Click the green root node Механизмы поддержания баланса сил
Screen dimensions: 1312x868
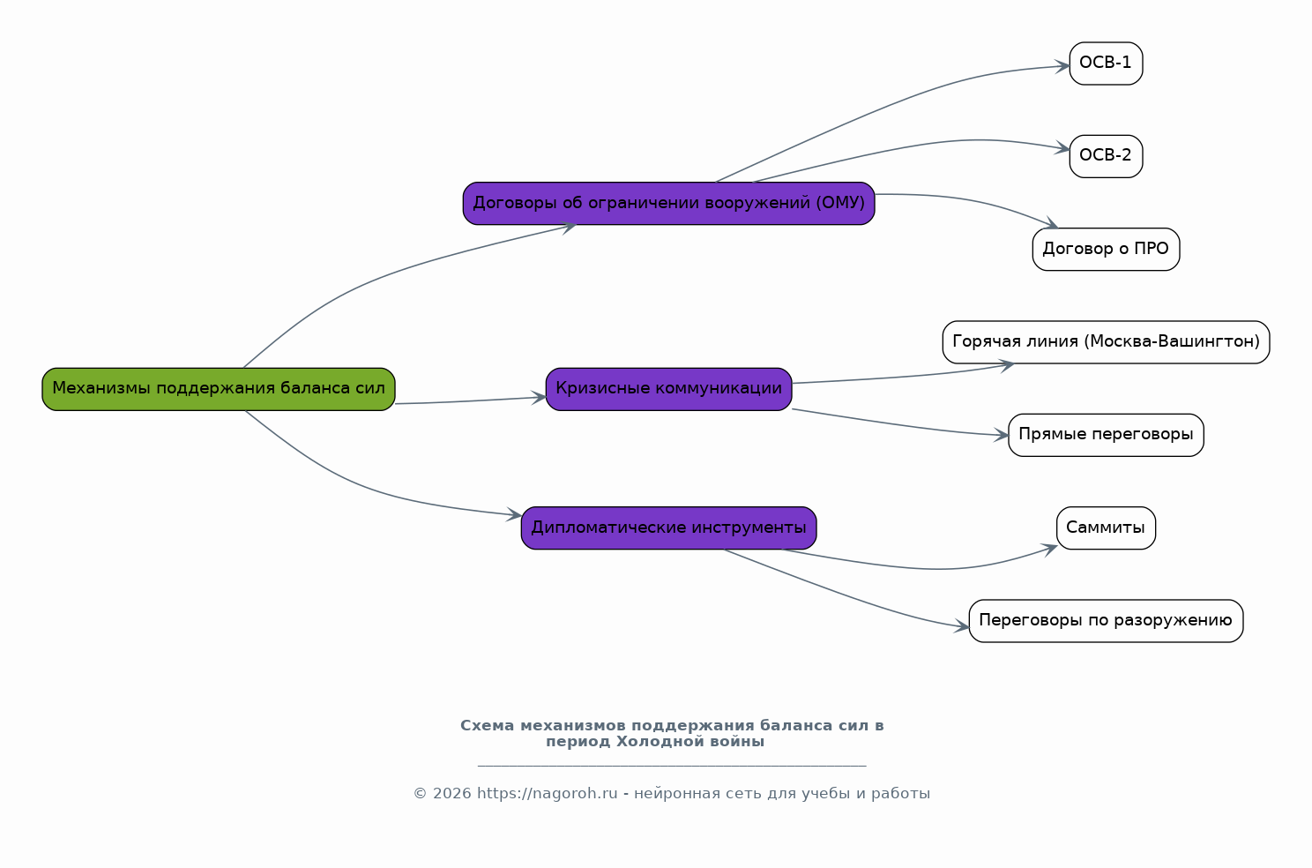pyautogui.click(x=219, y=389)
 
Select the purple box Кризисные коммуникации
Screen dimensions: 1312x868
pyautogui.click(x=668, y=389)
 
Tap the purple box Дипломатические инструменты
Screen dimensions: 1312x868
pyautogui.click(x=668, y=528)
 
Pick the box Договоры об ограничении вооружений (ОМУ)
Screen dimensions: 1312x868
pyautogui.click(x=668, y=204)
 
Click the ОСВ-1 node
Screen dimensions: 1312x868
pyautogui.click(x=1106, y=64)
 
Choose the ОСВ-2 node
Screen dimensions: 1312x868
pyautogui.click(x=1106, y=156)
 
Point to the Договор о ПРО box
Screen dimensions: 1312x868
pyautogui.click(x=1106, y=249)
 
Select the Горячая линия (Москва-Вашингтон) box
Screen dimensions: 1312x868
pyautogui.click(x=1106, y=342)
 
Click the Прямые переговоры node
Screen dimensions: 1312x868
pyautogui.click(x=1106, y=435)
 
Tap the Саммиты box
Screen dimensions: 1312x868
pyautogui.click(x=1106, y=528)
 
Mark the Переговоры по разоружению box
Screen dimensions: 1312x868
pyautogui.click(x=1106, y=621)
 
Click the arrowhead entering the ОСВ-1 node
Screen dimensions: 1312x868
pyautogui.click(x=1062, y=66)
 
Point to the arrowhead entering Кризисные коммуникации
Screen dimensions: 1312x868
pyautogui.click(x=539, y=398)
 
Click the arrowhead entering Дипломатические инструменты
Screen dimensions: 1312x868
pyautogui.click(x=514, y=514)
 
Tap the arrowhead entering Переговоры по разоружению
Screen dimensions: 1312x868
pyautogui.click(x=962, y=626)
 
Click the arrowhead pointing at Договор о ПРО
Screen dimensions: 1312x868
pyautogui.click(x=1051, y=223)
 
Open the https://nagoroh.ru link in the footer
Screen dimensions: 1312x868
pyautogui.click(x=547, y=794)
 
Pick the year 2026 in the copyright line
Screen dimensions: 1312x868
pyautogui.click(x=451, y=794)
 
